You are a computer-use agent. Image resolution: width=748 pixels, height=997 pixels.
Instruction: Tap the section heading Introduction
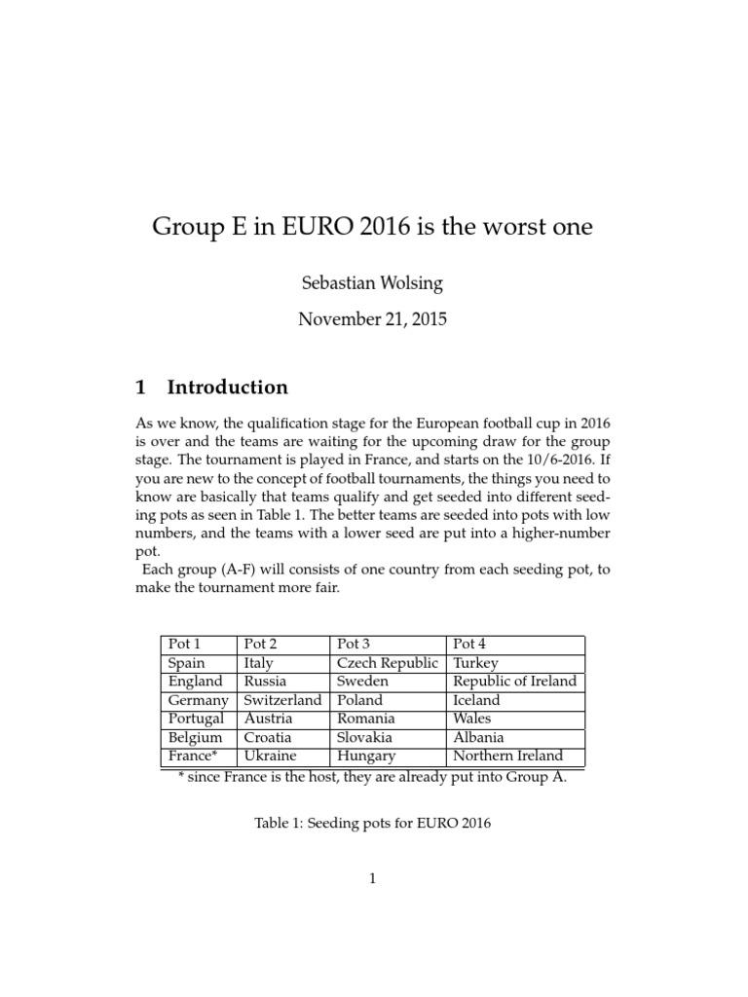coord(227,388)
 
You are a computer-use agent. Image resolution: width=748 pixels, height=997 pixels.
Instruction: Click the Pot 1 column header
coord(185,645)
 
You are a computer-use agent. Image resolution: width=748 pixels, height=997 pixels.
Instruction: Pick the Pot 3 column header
coord(354,645)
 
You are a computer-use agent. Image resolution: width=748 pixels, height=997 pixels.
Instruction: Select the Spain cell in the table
coord(186,663)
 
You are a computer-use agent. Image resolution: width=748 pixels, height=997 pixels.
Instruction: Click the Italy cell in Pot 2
coord(259,663)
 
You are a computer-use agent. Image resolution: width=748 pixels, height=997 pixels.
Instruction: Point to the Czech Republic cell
coord(388,663)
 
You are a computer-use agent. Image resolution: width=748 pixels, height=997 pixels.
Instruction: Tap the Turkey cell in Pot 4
coord(476,663)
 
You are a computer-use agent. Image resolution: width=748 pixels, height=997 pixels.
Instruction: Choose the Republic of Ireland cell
coord(515,682)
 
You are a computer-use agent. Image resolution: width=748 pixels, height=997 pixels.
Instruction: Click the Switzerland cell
coord(282,700)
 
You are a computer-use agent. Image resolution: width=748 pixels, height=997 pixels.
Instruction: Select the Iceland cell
coord(477,700)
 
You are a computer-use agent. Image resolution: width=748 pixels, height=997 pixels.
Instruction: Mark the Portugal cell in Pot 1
coord(196,719)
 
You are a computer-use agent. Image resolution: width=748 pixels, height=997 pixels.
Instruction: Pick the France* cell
coord(192,756)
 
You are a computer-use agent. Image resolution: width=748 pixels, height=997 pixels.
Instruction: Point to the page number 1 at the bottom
coord(373,878)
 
